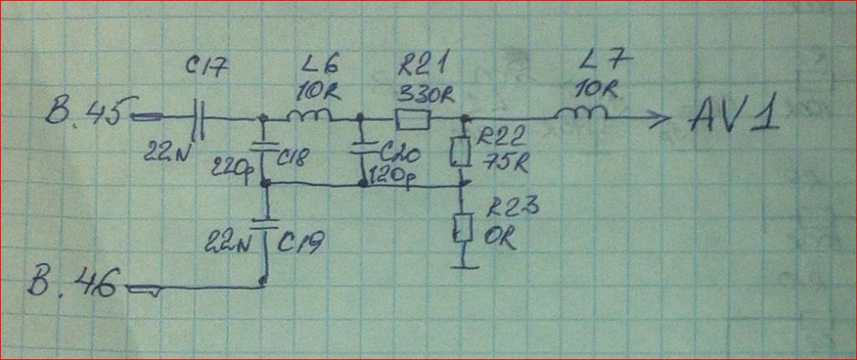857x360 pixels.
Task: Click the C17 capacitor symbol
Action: point(198,118)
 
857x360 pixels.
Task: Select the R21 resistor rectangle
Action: point(412,120)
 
